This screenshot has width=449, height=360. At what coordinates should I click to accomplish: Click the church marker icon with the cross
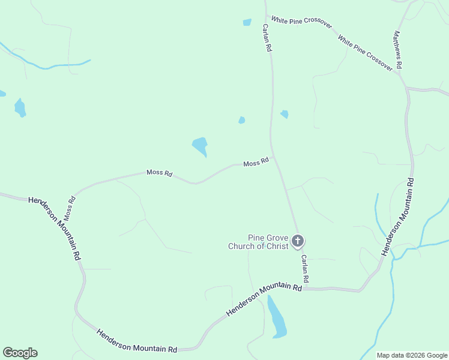297,241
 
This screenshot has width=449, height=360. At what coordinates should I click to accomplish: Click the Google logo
20,353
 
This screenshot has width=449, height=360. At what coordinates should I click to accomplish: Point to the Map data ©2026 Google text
412,355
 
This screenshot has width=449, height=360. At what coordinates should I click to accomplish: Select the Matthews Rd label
397,49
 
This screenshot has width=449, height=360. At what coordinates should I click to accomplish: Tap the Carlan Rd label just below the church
305,268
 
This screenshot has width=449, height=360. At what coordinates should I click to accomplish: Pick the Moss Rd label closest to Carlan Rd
256,163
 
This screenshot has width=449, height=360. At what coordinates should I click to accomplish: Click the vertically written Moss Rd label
70,206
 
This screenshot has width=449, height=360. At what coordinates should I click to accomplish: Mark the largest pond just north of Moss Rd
200,146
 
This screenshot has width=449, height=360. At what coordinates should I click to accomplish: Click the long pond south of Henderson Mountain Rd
276,317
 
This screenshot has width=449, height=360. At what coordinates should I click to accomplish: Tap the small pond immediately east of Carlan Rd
285,114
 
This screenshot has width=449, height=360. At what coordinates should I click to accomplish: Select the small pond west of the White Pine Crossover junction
247,22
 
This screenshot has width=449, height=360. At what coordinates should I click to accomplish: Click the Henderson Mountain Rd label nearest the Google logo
137,340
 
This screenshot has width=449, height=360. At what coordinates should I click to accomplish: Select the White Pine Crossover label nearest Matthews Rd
365,53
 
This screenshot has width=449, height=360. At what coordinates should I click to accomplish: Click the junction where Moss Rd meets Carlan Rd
273,157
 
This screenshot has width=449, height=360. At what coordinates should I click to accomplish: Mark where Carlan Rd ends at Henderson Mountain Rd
303,289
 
